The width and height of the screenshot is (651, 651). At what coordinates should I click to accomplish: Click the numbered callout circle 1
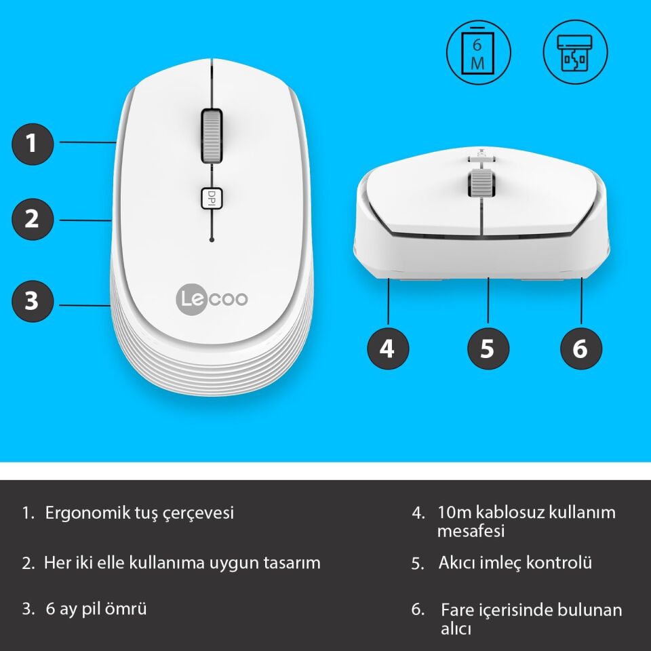32,143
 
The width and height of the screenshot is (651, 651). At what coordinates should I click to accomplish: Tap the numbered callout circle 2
32,220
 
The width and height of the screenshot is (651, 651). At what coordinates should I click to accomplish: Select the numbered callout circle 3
32,300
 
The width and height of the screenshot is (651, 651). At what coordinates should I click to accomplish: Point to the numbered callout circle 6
580,349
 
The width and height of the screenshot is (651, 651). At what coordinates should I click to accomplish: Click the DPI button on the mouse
212,197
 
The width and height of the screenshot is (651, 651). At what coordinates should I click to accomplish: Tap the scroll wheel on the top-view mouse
212,136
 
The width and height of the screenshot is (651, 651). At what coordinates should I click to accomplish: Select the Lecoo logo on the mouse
212,299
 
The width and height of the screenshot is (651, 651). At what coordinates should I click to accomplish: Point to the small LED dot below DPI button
212,240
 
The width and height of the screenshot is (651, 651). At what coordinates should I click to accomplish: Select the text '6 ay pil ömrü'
96,609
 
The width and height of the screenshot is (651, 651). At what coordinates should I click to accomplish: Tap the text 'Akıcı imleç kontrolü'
515,563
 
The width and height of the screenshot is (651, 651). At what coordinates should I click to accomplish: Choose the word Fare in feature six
456,610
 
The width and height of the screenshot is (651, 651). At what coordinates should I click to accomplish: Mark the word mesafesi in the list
471,531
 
